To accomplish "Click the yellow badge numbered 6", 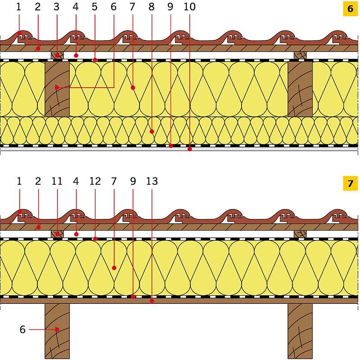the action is coord(350,9).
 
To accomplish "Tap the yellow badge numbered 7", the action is coord(350,183).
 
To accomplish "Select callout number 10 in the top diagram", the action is coord(189,7).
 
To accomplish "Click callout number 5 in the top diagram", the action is coord(94,7).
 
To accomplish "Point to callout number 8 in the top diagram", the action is coord(152,7).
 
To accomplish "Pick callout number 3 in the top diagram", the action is coord(57,7).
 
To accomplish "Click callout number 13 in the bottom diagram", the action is coord(152,181).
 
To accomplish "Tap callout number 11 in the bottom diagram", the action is coord(57,181).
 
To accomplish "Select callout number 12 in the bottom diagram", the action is coord(95,181).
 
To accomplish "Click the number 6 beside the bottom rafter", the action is coord(22,329).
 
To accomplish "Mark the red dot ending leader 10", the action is coord(189,149).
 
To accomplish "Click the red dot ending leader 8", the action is coord(152,132).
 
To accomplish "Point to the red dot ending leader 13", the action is coord(152,301).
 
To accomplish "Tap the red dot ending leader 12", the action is coord(95,239).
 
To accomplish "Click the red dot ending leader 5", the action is coord(95,60).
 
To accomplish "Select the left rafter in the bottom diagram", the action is coord(57,331).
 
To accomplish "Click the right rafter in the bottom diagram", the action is coord(300,331).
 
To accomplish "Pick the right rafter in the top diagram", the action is coord(300,89).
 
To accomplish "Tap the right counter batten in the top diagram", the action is coord(300,55).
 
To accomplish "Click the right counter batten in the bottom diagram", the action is coord(300,234).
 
